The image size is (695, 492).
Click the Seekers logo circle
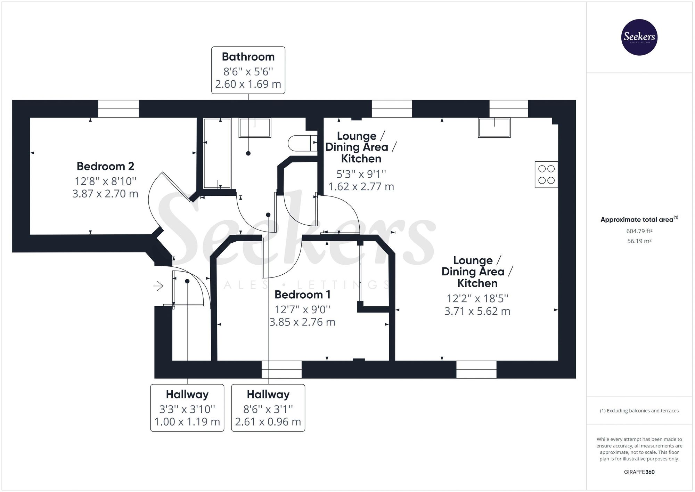click(639, 37)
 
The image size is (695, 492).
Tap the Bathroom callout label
click(248, 70)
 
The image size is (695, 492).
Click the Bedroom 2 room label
click(105, 166)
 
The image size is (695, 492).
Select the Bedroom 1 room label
click(302, 295)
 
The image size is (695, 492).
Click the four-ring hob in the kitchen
click(546, 175)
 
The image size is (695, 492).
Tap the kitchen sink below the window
click(494, 128)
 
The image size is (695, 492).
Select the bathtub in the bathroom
click(217, 153)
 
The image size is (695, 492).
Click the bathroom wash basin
click(255, 128)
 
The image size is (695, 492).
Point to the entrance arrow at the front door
click(158, 286)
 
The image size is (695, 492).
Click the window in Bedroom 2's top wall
click(118, 108)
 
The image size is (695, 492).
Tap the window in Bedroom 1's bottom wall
click(281, 369)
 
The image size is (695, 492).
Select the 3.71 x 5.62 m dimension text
click(477, 311)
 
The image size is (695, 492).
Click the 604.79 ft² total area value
click(639, 231)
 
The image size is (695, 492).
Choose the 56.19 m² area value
click(639, 241)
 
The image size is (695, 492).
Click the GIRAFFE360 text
click(639, 472)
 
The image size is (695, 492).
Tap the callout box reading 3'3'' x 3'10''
click(187, 408)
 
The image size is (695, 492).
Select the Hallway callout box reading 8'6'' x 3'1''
click(268, 408)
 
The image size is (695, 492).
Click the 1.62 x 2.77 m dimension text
click(361, 187)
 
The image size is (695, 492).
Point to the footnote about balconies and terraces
click(639, 411)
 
